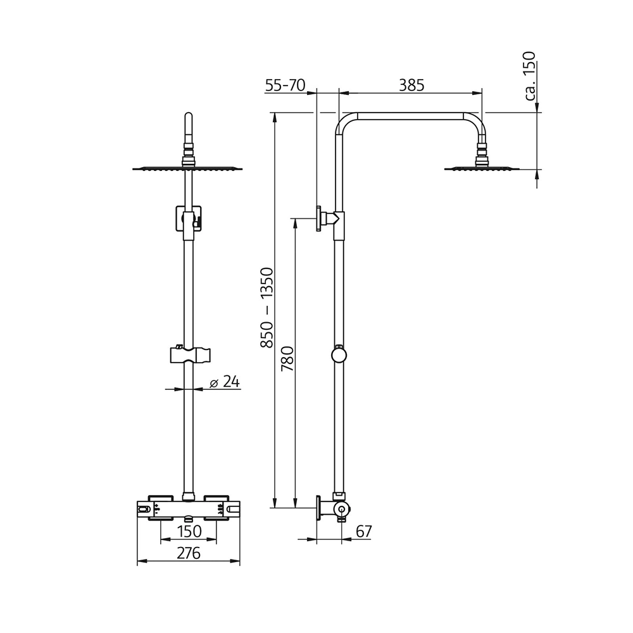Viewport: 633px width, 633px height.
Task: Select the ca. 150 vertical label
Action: [x=530, y=77]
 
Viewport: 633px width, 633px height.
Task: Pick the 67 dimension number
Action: [x=363, y=532]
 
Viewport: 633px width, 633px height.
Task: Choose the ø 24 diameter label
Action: [x=224, y=382]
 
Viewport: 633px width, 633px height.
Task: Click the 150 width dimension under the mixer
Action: [x=189, y=530]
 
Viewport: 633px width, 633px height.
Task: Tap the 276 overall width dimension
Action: [x=188, y=553]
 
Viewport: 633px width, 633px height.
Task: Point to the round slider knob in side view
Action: [x=339, y=354]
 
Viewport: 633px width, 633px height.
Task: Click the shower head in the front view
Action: [x=188, y=168]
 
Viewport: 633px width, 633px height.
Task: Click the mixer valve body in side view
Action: [x=341, y=509]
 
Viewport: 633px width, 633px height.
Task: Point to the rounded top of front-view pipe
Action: [x=188, y=117]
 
